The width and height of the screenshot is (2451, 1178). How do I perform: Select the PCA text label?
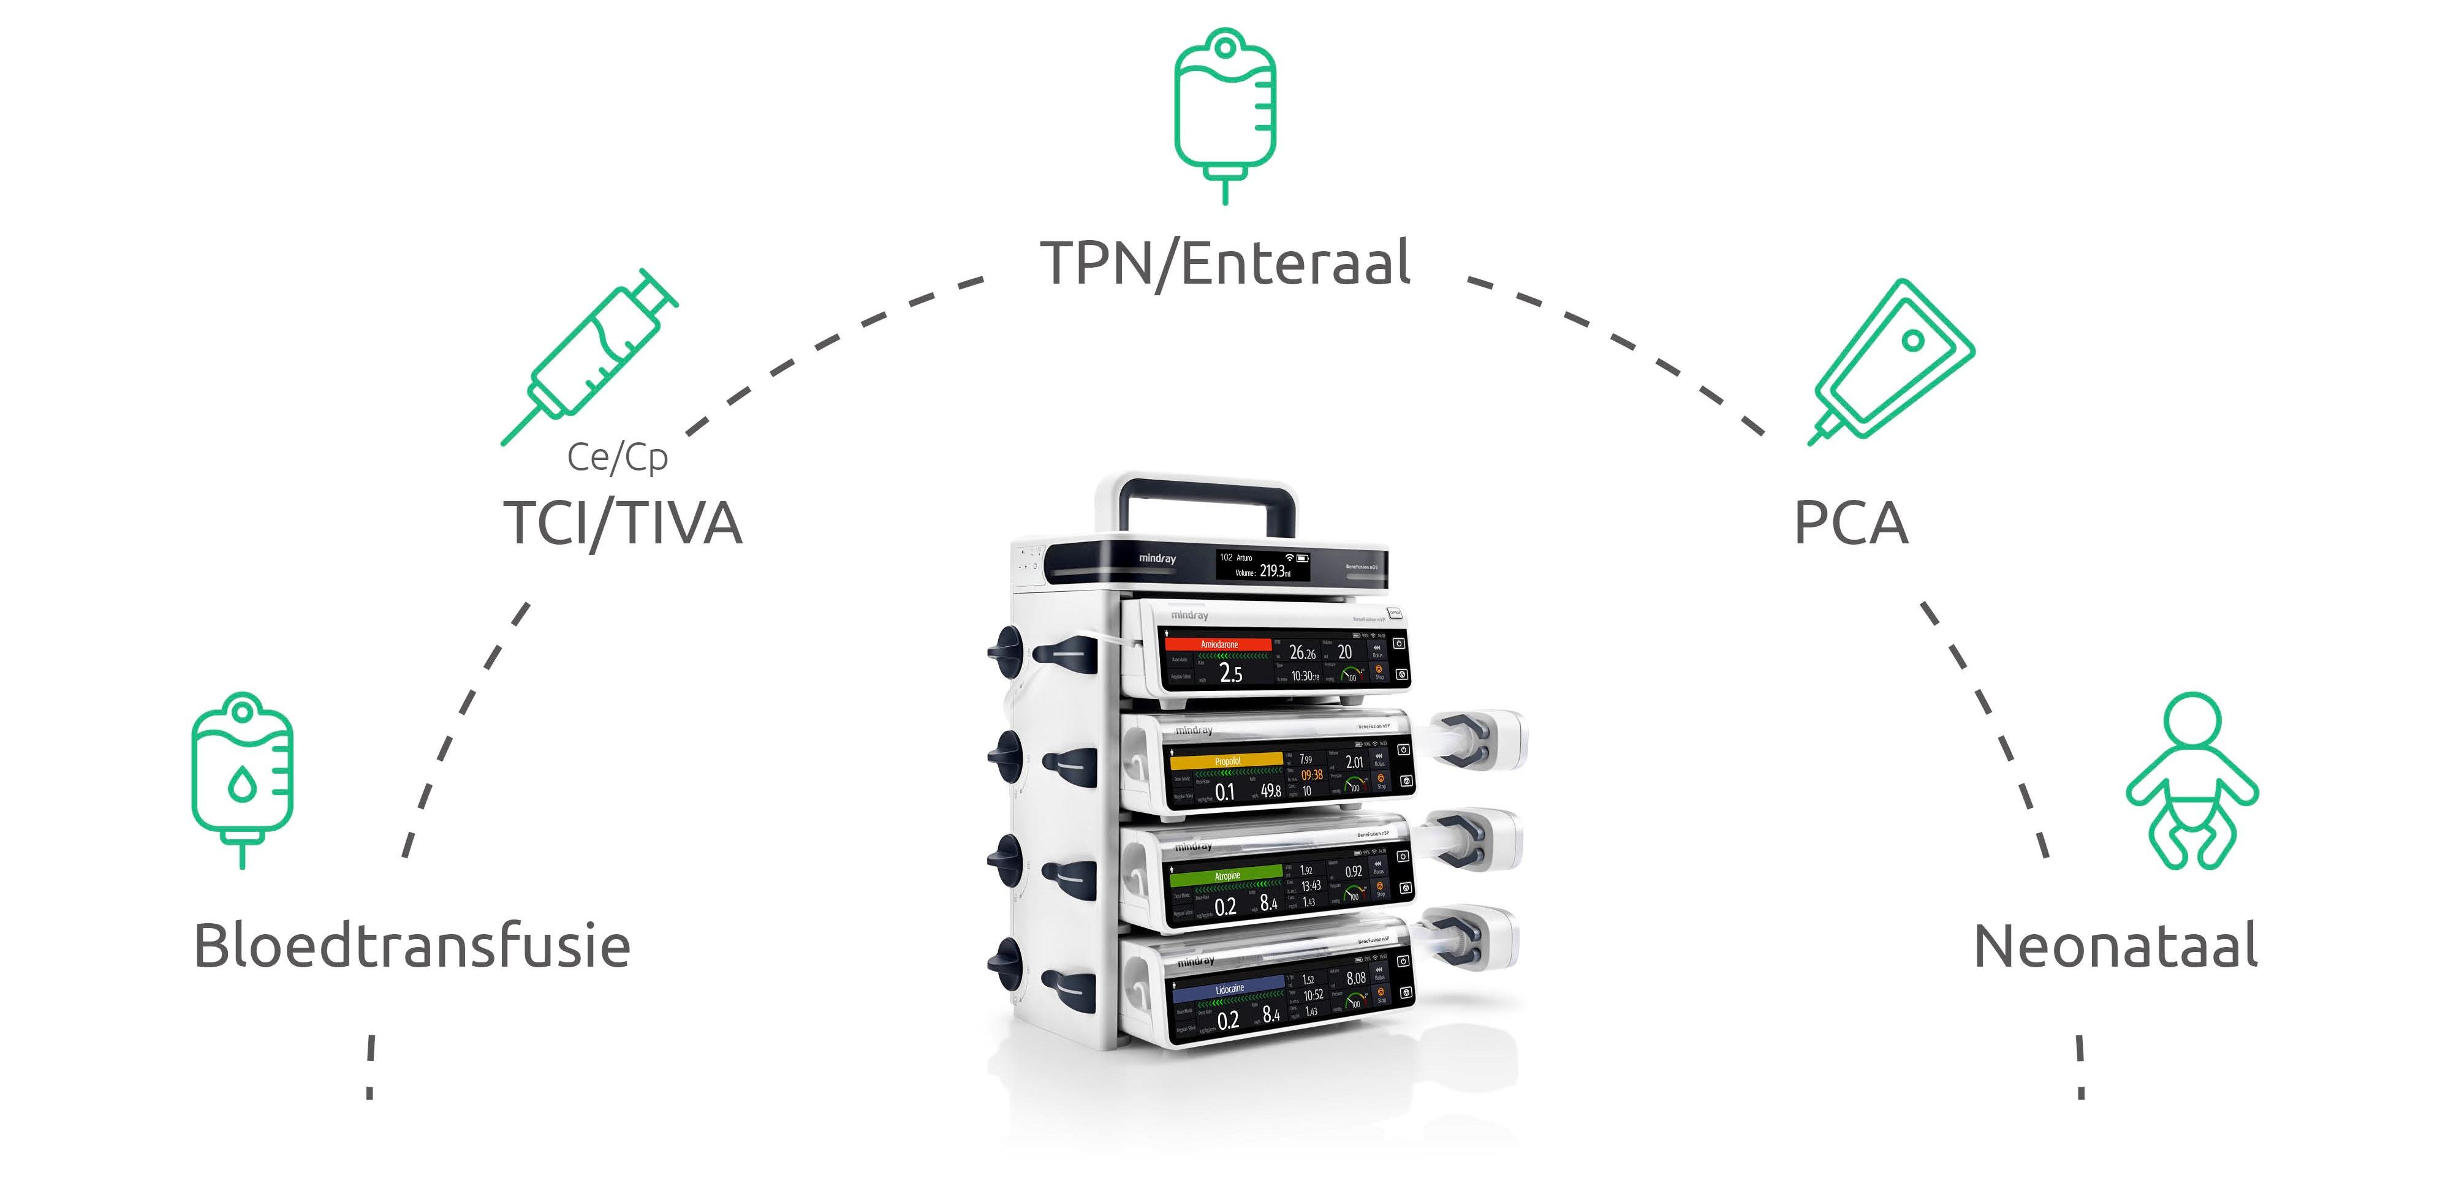(1851, 523)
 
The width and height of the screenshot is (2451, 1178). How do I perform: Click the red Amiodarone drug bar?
(1219, 644)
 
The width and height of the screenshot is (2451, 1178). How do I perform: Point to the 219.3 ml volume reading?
(1274, 571)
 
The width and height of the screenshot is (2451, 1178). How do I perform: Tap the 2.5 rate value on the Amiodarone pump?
(1230, 674)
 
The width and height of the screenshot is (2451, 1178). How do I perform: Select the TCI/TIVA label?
(623, 523)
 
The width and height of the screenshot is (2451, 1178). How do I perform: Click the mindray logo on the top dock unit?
(1157, 559)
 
